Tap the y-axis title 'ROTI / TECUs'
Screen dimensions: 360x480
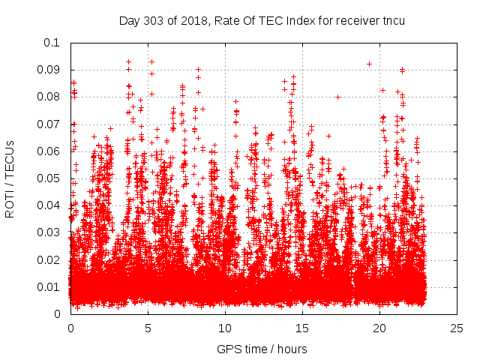10,178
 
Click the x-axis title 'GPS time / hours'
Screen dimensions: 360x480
262,349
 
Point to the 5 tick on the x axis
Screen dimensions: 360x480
148,328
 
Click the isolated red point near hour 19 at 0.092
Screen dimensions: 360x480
369,64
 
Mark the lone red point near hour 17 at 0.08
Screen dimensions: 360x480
338,97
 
